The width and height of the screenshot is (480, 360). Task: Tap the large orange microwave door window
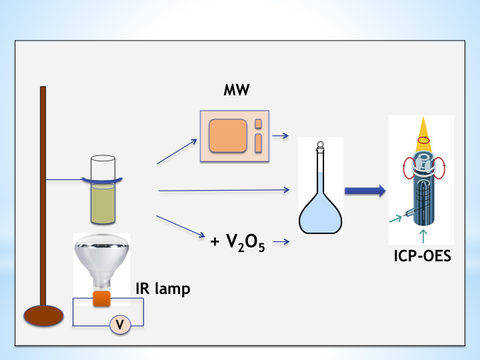tap(229, 137)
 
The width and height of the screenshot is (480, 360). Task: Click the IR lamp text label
tap(163, 289)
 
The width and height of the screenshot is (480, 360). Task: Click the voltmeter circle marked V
tap(120, 325)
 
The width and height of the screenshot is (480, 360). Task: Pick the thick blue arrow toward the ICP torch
tap(365, 191)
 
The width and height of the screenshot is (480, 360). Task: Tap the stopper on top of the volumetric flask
tap(321, 144)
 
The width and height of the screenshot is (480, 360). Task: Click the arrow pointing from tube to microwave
tap(177, 151)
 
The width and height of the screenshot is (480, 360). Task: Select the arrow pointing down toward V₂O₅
tap(179, 226)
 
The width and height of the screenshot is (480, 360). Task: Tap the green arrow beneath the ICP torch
tap(423, 237)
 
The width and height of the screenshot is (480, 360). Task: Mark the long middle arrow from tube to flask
tap(224, 191)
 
